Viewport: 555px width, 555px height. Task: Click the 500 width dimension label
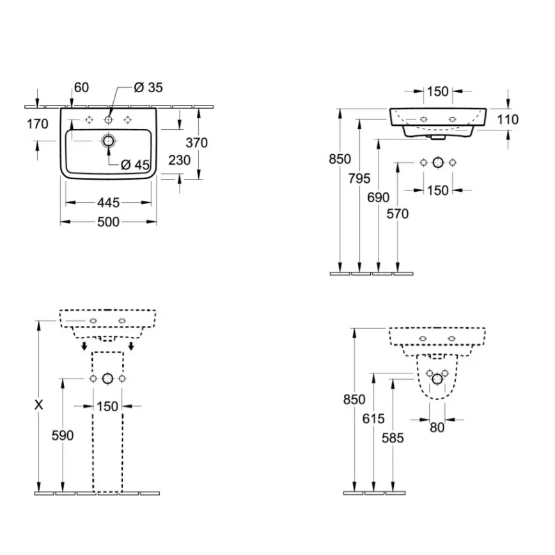pyautogui.click(x=108, y=222)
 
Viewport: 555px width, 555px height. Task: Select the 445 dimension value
pyautogui.click(x=108, y=203)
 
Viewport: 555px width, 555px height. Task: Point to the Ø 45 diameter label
pyautogui.click(x=135, y=164)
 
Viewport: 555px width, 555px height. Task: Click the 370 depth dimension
pyautogui.click(x=196, y=143)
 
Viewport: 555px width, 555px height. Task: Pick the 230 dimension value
pyautogui.click(x=180, y=160)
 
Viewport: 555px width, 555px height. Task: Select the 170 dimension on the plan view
pyautogui.click(x=38, y=124)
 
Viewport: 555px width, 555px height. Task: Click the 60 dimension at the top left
pyautogui.click(x=81, y=88)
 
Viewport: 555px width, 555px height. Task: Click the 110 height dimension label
pyautogui.click(x=506, y=120)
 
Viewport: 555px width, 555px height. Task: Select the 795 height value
pyautogui.click(x=360, y=179)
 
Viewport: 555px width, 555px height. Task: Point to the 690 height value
pyautogui.click(x=379, y=198)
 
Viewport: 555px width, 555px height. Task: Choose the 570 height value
pyautogui.click(x=398, y=214)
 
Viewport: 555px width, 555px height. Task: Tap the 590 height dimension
pyautogui.click(x=62, y=435)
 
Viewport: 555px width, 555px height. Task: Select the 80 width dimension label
pyautogui.click(x=437, y=428)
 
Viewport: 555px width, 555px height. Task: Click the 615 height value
pyautogui.click(x=373, y=419)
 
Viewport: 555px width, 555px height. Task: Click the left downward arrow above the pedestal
pyautogui.click(x=84, y=346)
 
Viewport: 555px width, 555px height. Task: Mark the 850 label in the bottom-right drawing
pyautogui.click(x=354, y=400)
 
